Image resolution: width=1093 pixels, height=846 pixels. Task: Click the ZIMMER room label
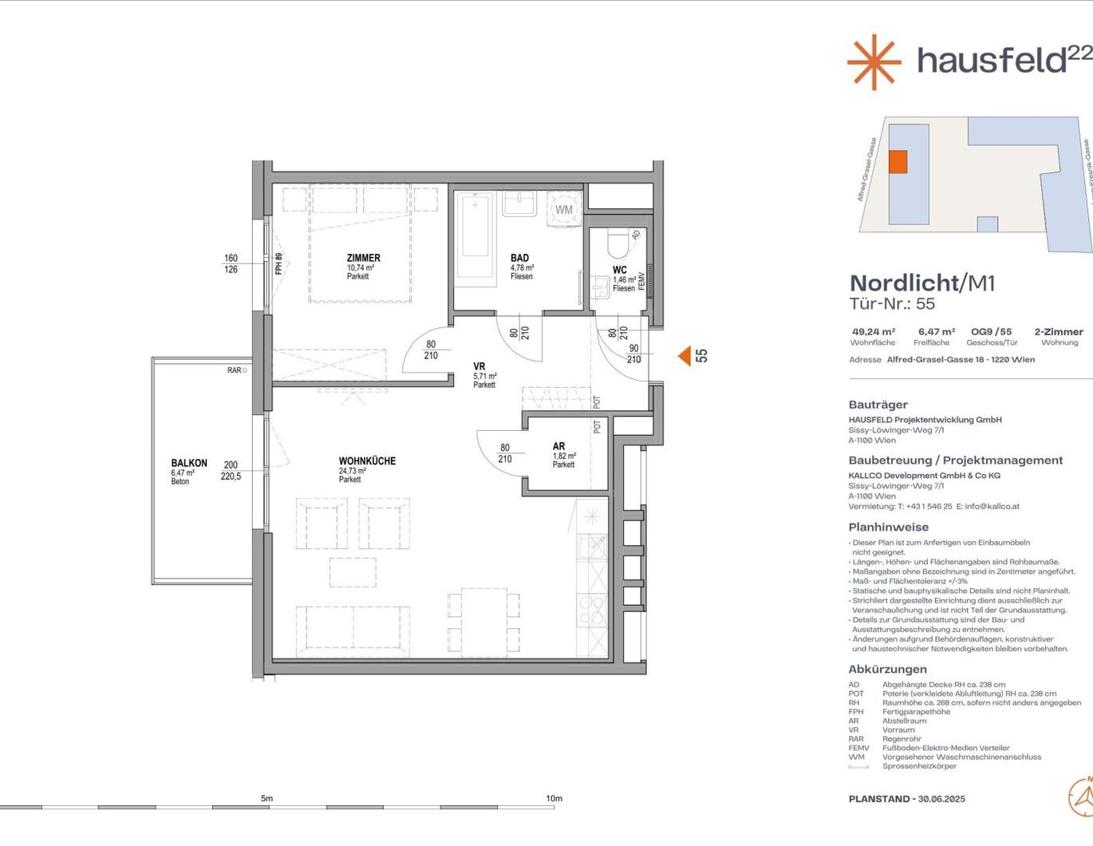point(363,258)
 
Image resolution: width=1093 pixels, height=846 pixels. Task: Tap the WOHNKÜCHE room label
point(367,461)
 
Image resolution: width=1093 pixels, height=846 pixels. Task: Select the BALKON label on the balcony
point(189,463)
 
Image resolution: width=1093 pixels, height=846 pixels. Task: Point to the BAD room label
point(519,258)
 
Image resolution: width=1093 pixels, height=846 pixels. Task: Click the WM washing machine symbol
point(564,210)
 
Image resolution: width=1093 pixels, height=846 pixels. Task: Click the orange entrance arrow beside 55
point(685,356)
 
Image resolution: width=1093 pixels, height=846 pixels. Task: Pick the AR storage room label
point(558,447)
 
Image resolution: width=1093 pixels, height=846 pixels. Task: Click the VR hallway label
point(479,367)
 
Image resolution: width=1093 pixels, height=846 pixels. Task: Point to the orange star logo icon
point(874,61)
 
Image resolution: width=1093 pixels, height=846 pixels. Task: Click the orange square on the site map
point(898,161)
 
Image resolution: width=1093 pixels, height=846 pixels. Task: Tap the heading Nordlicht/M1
point(922,283)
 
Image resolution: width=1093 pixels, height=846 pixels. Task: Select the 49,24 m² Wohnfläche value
point(874,332)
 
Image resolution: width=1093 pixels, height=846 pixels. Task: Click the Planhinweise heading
point(888,528)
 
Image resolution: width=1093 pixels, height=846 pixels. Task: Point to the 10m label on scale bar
point(554,798)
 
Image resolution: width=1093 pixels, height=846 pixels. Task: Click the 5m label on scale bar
point(266,798)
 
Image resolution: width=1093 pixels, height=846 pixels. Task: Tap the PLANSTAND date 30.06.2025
point(941,799)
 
